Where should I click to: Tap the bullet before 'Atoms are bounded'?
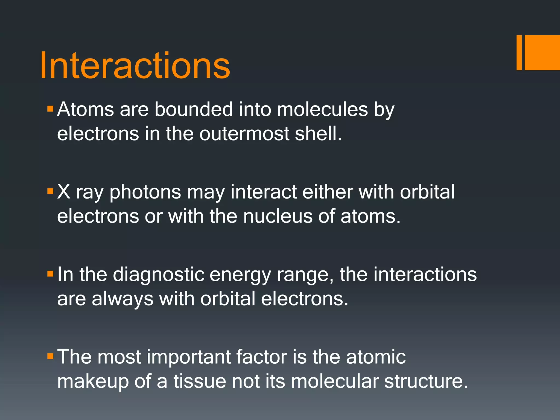coord(50,109)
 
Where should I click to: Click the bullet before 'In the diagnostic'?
coord(50,274)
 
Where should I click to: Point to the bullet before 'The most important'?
coord(50,356)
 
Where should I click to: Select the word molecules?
coord(322,109)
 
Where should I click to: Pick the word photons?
coord(145,192)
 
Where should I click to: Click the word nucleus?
coord(278,216)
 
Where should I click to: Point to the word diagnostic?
coord(158,275)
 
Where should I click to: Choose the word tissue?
coord(200,381)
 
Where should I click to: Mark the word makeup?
coord(93,382)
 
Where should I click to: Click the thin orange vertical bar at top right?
coord(519,52)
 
